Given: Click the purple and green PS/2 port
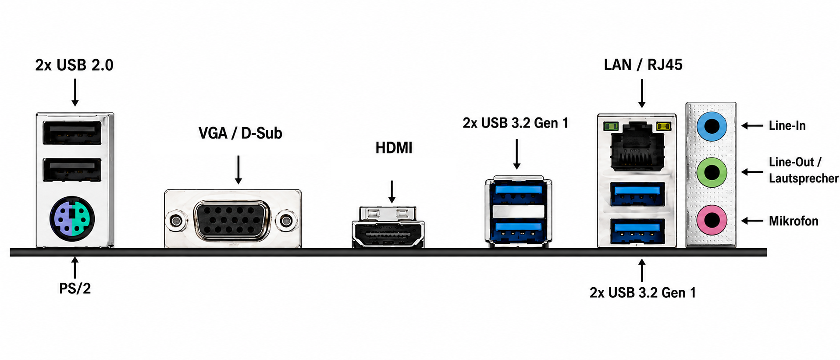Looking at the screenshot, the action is (x=72, y=218).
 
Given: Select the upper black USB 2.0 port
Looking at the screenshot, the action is (x=72, y=132).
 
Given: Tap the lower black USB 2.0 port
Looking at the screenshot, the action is (x=72, y=170).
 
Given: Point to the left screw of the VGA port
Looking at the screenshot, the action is (x=176, y=221).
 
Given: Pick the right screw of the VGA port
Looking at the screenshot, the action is (x=286, y=221).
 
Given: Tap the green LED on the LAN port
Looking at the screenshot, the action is (x=611, y=127).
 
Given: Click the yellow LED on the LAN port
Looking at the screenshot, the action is (x=663, y=127).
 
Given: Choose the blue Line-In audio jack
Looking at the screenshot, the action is (x=712, y=126).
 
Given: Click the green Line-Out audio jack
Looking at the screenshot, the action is (x=712, y=172).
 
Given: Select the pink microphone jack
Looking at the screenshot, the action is (x=712, y=220).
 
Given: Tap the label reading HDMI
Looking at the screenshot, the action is (x=394, y=148).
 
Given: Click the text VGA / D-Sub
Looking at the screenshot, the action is (x=240, y=133).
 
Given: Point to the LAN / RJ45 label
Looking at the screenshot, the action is (x=643, y=65).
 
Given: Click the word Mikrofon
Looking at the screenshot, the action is (x=794, y=221).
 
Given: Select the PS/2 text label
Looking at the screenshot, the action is (x=75, y=289).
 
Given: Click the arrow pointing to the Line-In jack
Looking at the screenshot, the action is (x=752, y=126).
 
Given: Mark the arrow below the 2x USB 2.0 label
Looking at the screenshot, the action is (x=75, y=92).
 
